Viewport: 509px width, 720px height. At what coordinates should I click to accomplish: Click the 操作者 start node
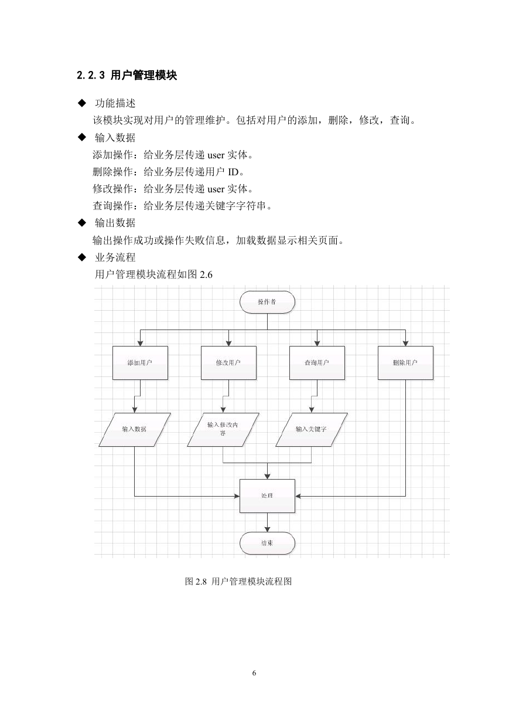[x=267, y=302]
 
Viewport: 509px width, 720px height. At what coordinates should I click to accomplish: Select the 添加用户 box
[x=140, y=362]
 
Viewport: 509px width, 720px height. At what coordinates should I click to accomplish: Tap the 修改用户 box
[x=228, y=362]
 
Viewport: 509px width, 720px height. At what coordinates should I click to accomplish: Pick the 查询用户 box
[x=317, y=362]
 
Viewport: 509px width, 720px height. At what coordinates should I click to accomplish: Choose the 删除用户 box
[x=405, y=362]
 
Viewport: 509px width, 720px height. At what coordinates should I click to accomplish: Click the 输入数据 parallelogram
[x=135, y=429]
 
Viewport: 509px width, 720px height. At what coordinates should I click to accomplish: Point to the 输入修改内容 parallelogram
[x=223, y=429]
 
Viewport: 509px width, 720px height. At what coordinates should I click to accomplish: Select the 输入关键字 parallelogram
[x=312, y=429]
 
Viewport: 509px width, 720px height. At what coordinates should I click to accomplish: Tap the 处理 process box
[x=267, y=496]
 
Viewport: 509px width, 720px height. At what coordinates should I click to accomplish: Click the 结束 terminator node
[x=267, y=543]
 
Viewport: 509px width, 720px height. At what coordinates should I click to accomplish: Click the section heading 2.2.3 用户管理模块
[x=127, y=75]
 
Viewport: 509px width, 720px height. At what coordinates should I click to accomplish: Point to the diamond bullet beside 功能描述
[x=82, y=103]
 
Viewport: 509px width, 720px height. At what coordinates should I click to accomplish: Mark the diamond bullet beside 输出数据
[x=82, y=222]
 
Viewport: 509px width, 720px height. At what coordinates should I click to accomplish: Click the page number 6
[x=254, y=673]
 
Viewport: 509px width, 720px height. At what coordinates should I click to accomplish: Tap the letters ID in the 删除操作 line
[x=233, y=172]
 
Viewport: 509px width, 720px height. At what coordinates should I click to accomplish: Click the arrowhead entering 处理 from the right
[x=298, y=496]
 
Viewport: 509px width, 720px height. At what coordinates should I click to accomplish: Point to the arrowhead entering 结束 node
[x=267, y=529]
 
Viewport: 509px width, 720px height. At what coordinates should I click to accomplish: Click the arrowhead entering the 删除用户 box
[x=405, y=343]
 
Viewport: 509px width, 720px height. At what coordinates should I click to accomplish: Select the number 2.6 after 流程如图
[x=206, y=274]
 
